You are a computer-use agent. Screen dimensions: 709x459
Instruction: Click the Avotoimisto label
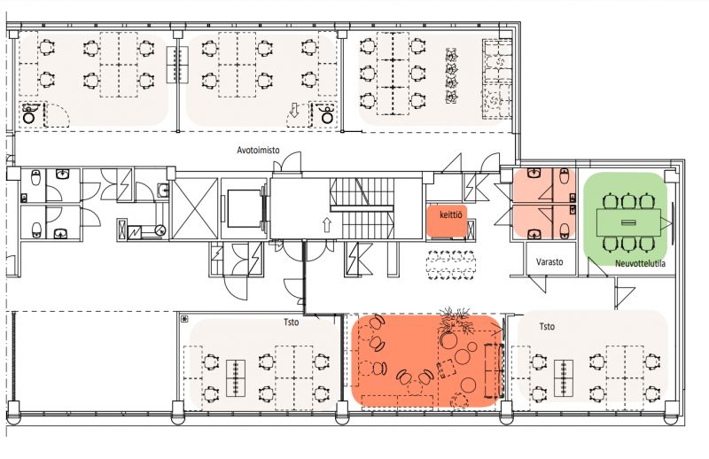(x=258, y=150)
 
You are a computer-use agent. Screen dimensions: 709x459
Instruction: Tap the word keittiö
(x=451, y=214)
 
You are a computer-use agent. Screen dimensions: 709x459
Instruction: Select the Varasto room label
(x=549, y=261)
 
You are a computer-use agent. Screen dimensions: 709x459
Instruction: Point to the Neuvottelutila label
(x=640, y=263)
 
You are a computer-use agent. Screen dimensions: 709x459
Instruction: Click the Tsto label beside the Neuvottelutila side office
(x=547, y=326)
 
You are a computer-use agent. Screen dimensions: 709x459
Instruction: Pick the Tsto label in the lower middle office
(x=292, y=323)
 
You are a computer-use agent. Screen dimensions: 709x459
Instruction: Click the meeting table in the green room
(x=628, y=222)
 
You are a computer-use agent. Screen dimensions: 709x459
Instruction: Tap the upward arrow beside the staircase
(x=327, y=225)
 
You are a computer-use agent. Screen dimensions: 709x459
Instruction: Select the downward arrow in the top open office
(x=294, y=110)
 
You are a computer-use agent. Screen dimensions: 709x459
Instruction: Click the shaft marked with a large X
(x=195, y=208)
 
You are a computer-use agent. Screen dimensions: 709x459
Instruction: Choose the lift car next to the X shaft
(x=245, y=208)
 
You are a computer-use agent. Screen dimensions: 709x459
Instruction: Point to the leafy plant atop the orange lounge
(x=456, y=320)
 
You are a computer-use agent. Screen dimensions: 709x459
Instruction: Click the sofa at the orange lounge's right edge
(x=494, y=370)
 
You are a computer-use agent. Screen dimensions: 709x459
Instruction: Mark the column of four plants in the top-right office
(x=451, y=75)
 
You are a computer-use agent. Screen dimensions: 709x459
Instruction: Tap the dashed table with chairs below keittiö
(x=451, y=266)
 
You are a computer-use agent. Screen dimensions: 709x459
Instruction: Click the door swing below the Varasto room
(x=538, y=284)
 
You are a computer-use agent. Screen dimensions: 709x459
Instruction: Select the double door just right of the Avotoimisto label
(x=287, y=161)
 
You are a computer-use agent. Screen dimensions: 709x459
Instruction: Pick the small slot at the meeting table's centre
(x=628, y=222)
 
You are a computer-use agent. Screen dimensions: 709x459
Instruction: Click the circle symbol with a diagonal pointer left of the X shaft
(x=160, y=230)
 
